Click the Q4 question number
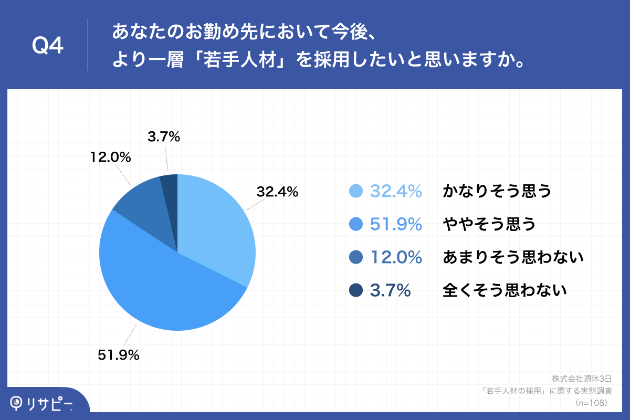point(48,46)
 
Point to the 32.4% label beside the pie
point(277,192)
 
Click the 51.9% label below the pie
point(119,355)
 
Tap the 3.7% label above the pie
point(164,138)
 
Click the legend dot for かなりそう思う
point(356,192)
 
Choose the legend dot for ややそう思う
point(356,224)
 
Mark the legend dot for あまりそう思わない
point(356,257)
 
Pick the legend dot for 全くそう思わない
point(356,290)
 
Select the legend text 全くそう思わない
point(505,290)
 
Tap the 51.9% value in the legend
point(396,224)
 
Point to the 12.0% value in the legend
point(396,257)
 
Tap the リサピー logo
point(42,403)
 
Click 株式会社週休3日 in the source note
point(582,379)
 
